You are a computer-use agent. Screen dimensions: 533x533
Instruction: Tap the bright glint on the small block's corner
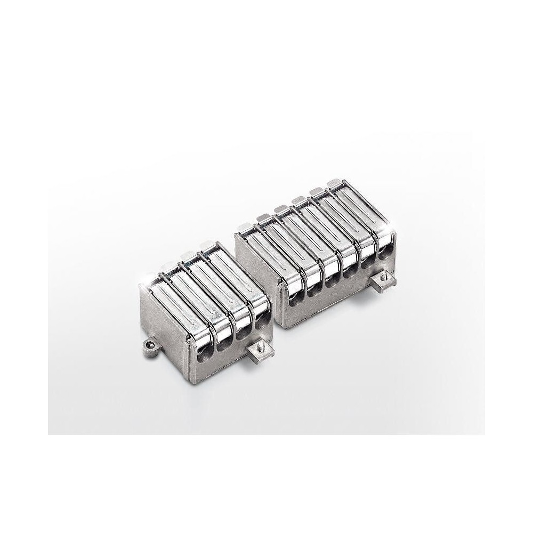pyautogui.click(x=144, y=283)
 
